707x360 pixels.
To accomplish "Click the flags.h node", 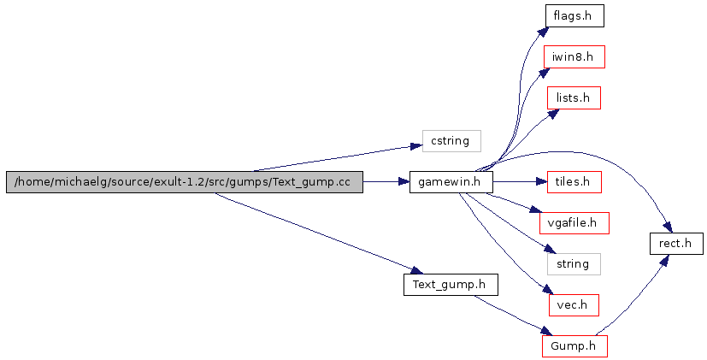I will [574, 15].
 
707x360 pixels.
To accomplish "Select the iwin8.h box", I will [574, 56].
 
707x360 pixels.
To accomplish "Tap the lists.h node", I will [574, 97].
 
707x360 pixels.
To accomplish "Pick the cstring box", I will [451, 140].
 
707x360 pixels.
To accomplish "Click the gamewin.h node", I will [451, 182].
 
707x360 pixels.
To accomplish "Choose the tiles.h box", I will [574, 182].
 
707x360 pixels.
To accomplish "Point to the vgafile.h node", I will [574, 223].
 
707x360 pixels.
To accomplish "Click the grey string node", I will [574, 264].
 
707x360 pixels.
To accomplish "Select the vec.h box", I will [574, 305].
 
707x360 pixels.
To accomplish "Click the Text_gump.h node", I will [451, 284].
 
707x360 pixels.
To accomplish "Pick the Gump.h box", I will [574, 346].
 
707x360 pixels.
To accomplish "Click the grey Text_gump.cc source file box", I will [184, 182].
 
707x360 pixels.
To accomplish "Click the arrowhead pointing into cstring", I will [416, 147].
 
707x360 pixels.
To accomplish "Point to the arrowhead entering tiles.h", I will [541, 182].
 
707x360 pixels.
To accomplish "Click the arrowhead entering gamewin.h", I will [404, 182].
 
